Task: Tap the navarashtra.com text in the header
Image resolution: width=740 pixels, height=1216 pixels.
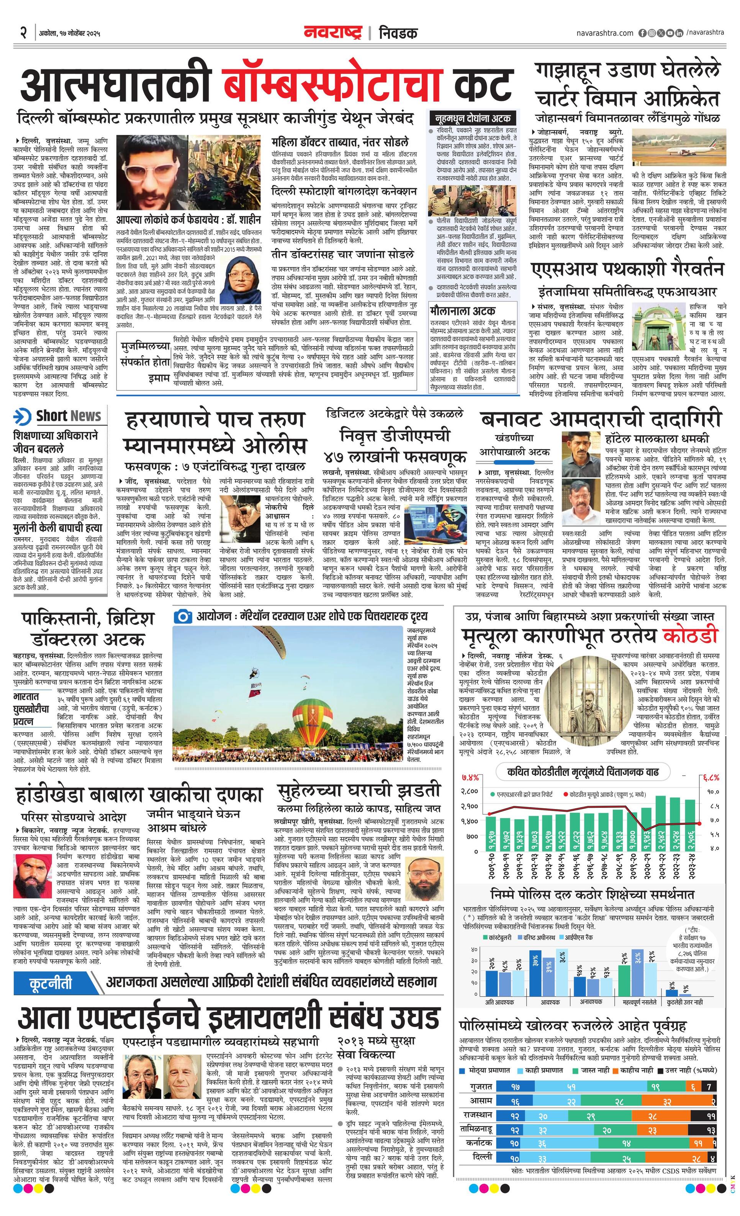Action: pyautogui.click(x=604, y=33)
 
